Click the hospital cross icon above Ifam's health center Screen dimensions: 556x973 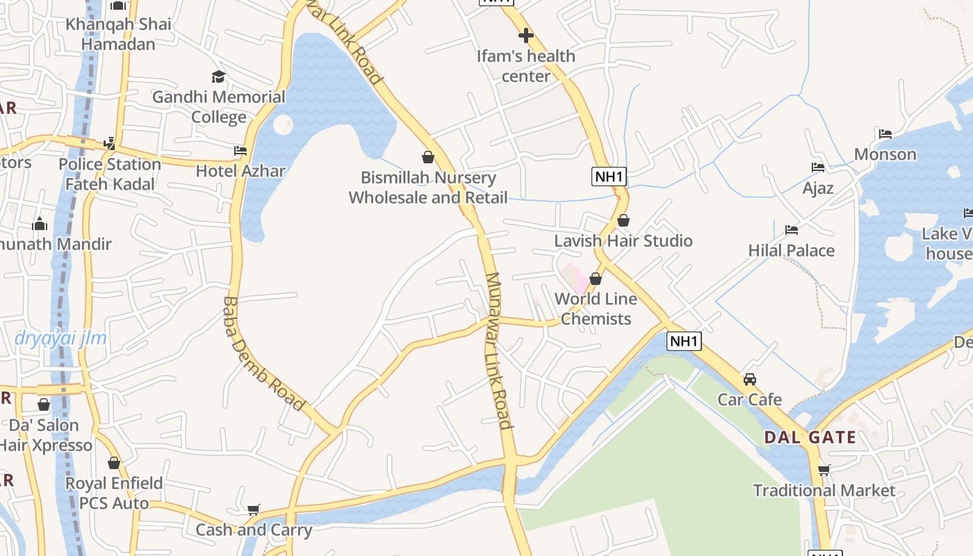(x=526, y=35)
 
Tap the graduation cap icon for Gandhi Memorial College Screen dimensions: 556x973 (x=219, y=76)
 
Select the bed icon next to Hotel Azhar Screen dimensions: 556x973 (x=240, y=150)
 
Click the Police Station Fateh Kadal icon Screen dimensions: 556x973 (x=109, y=143)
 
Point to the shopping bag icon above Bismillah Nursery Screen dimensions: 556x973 (x=428, y=157)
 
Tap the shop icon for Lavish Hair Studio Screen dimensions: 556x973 (x=623, y=220)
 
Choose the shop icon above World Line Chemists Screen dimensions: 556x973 (x=596, y=279)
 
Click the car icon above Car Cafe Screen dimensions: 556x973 (x=749, y=379)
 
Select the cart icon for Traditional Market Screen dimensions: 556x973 (x=824, y=470)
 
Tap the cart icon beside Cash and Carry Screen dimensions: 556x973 (x=254, y=509)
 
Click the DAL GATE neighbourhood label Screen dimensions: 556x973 (x=810, y=438)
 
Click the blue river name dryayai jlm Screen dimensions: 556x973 (x=60, y=339)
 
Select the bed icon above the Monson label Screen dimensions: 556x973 (x=885, y=134)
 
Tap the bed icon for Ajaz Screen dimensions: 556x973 (x=818, y=167)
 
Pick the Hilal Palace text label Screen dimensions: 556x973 (x=791, y=250)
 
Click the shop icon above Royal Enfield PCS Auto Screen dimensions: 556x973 (x=114, y=463)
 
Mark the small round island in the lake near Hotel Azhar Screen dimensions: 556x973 (x=283, y=125)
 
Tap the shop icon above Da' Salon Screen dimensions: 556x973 (x=44, y=404)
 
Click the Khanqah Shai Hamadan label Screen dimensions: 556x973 (x=118, y=34)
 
